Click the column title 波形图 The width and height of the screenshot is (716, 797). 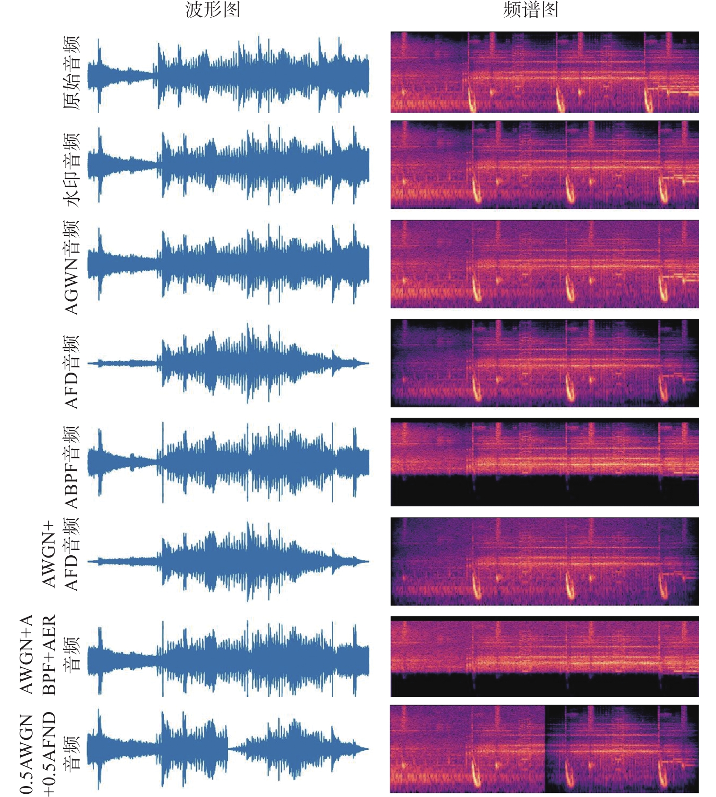(213, 10)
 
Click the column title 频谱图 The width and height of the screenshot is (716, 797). (531, 10)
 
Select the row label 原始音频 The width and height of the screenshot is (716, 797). (71, 73)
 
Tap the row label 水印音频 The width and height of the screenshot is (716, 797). (71, 170)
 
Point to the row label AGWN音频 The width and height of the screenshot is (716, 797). (71, 268)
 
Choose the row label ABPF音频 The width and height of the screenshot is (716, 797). (71, 468)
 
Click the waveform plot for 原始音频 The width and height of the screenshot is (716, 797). (228, 75)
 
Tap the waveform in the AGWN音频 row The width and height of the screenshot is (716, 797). (228, 265)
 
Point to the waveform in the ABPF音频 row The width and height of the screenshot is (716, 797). (228, 463)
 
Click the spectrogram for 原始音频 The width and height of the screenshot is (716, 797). (545, 72)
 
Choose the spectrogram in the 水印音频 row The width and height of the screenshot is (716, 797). (545, 165)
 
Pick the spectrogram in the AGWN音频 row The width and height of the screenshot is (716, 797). (545, 264)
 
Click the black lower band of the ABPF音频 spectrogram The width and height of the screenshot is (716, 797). (545, 491)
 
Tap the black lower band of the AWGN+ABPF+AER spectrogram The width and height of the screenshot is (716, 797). (545, 685)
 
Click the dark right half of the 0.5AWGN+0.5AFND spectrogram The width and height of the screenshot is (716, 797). (622, 749)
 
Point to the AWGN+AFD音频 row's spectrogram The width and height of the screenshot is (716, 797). (545, 561)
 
